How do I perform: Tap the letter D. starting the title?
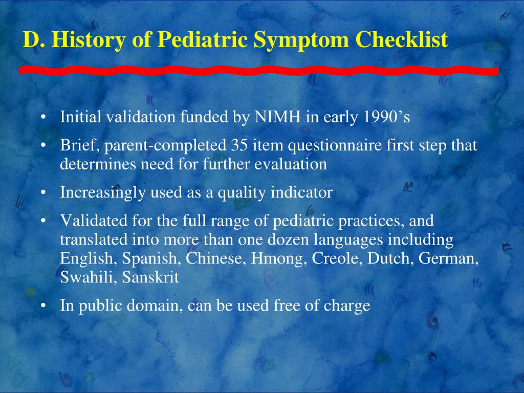coord(32,40)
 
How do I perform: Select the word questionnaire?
coord(333,146)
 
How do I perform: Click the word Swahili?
coord(82,277)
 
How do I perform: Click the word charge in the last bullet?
coord(346,305)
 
